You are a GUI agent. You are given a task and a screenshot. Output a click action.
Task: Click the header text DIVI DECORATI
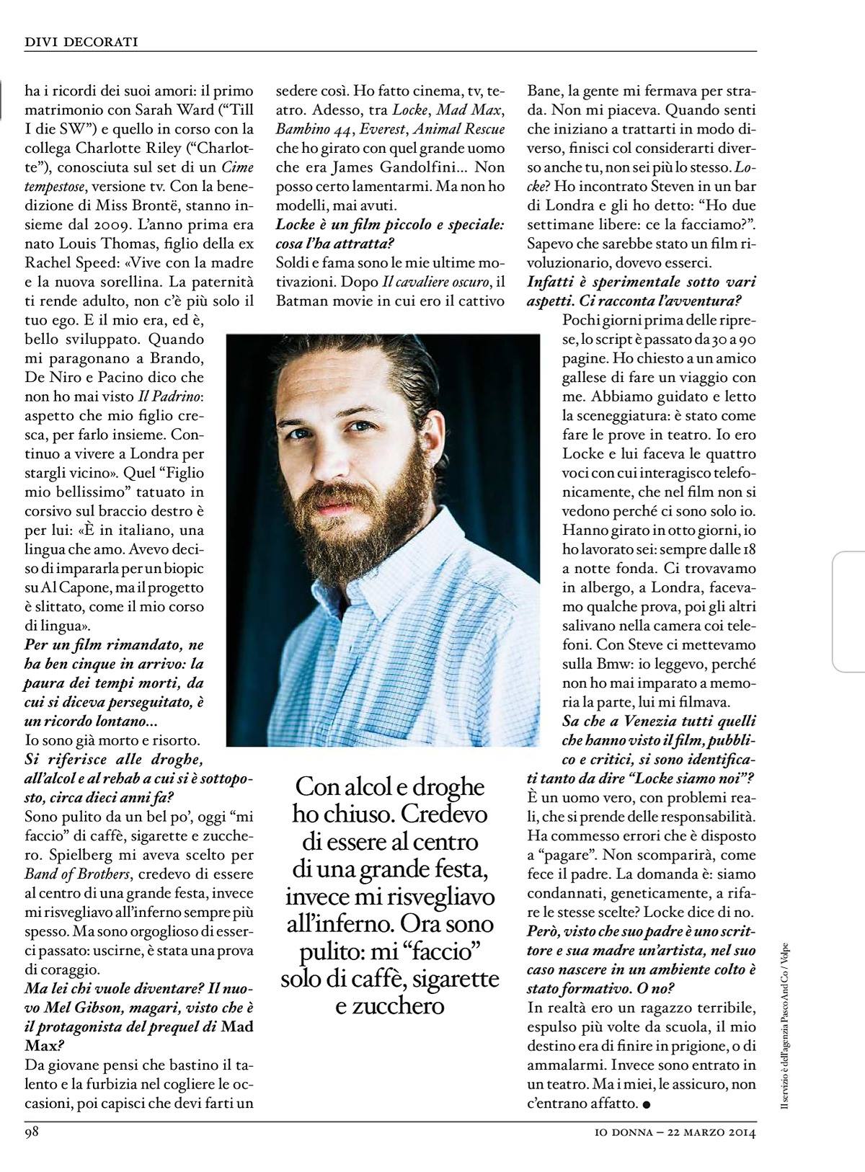tap(81, 43)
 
